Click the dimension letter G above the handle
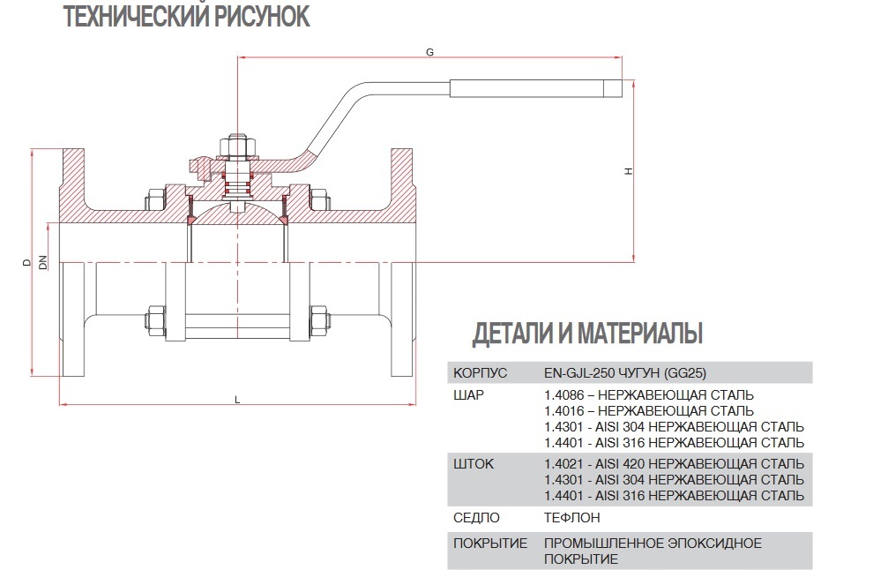click(x=429, y=52)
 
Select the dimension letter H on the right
click(x=628, y=171)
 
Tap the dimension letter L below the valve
click(x=237, y=400)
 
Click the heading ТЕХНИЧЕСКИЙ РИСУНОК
click(x=187, y=17)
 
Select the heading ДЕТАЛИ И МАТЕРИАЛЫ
click(x=587, y=334)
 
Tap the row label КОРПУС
click(x=479, y=371)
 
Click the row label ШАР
click(x=469, y=394)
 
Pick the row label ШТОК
click(x=474, y=463)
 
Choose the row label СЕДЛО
click(x=476, y=518)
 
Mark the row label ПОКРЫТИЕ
click(x=490, y=543)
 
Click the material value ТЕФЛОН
click(x=572, y=518)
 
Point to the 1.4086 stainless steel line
click(x=649, y=394)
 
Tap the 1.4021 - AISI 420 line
click(x=674, y=463)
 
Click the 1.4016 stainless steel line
click(x=649, y=410)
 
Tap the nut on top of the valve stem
click(x=238, y=143)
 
